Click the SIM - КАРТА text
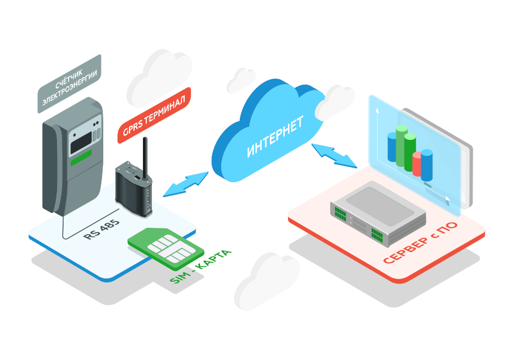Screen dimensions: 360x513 [199, 267]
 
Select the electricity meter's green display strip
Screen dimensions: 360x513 [81, 158]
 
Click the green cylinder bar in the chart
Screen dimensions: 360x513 [402, 148]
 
